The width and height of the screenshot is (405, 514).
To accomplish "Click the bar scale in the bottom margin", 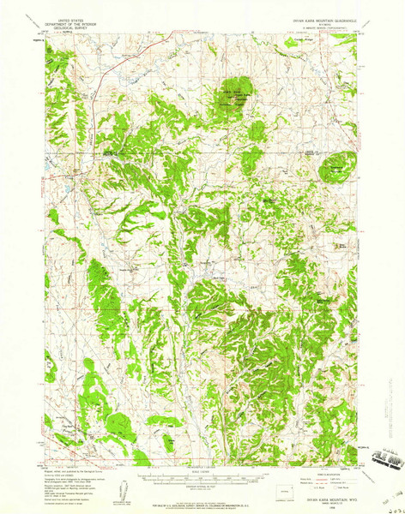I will (x=203, y=478).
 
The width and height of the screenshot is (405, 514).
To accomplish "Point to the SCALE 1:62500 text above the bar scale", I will (x=203, y=471).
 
